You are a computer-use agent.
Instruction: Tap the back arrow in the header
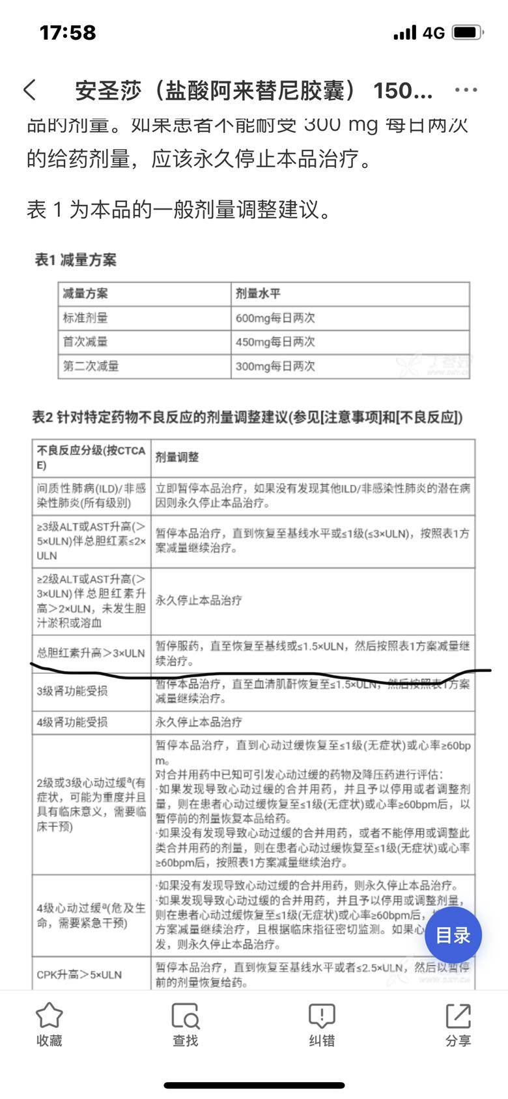(30, 90)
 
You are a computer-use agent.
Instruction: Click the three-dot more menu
(466, 90)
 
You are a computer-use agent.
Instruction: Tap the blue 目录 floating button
(453, 936)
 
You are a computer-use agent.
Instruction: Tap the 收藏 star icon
(49, 1016)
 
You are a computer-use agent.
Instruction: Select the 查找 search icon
(185, 1016)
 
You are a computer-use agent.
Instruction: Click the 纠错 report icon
(322, 1016)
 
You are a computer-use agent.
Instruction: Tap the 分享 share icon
(458, 1016)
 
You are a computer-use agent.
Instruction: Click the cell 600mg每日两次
(275, 318)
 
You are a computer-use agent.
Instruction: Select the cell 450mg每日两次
(275, 342)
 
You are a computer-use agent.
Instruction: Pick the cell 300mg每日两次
(275, 366)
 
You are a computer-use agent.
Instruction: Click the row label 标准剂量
(85, 318)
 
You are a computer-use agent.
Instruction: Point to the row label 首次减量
(85, 342)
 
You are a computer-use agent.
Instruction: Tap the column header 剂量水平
(258, 294)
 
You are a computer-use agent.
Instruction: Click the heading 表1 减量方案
(76, 260)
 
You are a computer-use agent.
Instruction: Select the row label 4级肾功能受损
(72, 722)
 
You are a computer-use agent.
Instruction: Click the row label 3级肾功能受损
(72, 691)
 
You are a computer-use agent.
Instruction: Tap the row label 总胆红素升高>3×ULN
(91, 653)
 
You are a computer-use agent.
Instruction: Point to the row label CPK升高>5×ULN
(79, 975)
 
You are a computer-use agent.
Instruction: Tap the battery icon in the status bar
(468, 33)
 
